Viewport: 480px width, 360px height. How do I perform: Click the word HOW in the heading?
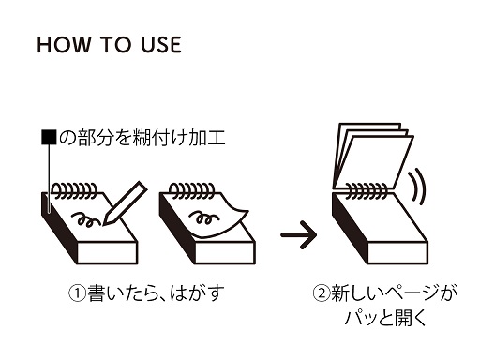(x=64, y=44)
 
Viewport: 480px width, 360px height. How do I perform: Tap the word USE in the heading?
(x=161, y=44)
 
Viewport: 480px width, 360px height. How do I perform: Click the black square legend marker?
(x=49, y=138)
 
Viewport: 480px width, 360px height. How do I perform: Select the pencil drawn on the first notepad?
(x=125, y=203)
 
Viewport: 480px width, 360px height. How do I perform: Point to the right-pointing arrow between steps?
(x=299, y=234)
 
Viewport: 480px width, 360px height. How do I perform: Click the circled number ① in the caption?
(x=77, y=293)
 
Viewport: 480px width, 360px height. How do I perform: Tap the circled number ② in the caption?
(x=322, y=293)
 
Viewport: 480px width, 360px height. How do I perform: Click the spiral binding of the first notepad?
(x=74, y=190)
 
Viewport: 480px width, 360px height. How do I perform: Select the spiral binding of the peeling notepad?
(x=192, y=190)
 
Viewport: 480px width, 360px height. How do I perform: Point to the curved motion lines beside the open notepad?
(x=417, y=187)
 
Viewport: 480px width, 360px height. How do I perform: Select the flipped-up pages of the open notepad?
(x=373, y=157)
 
